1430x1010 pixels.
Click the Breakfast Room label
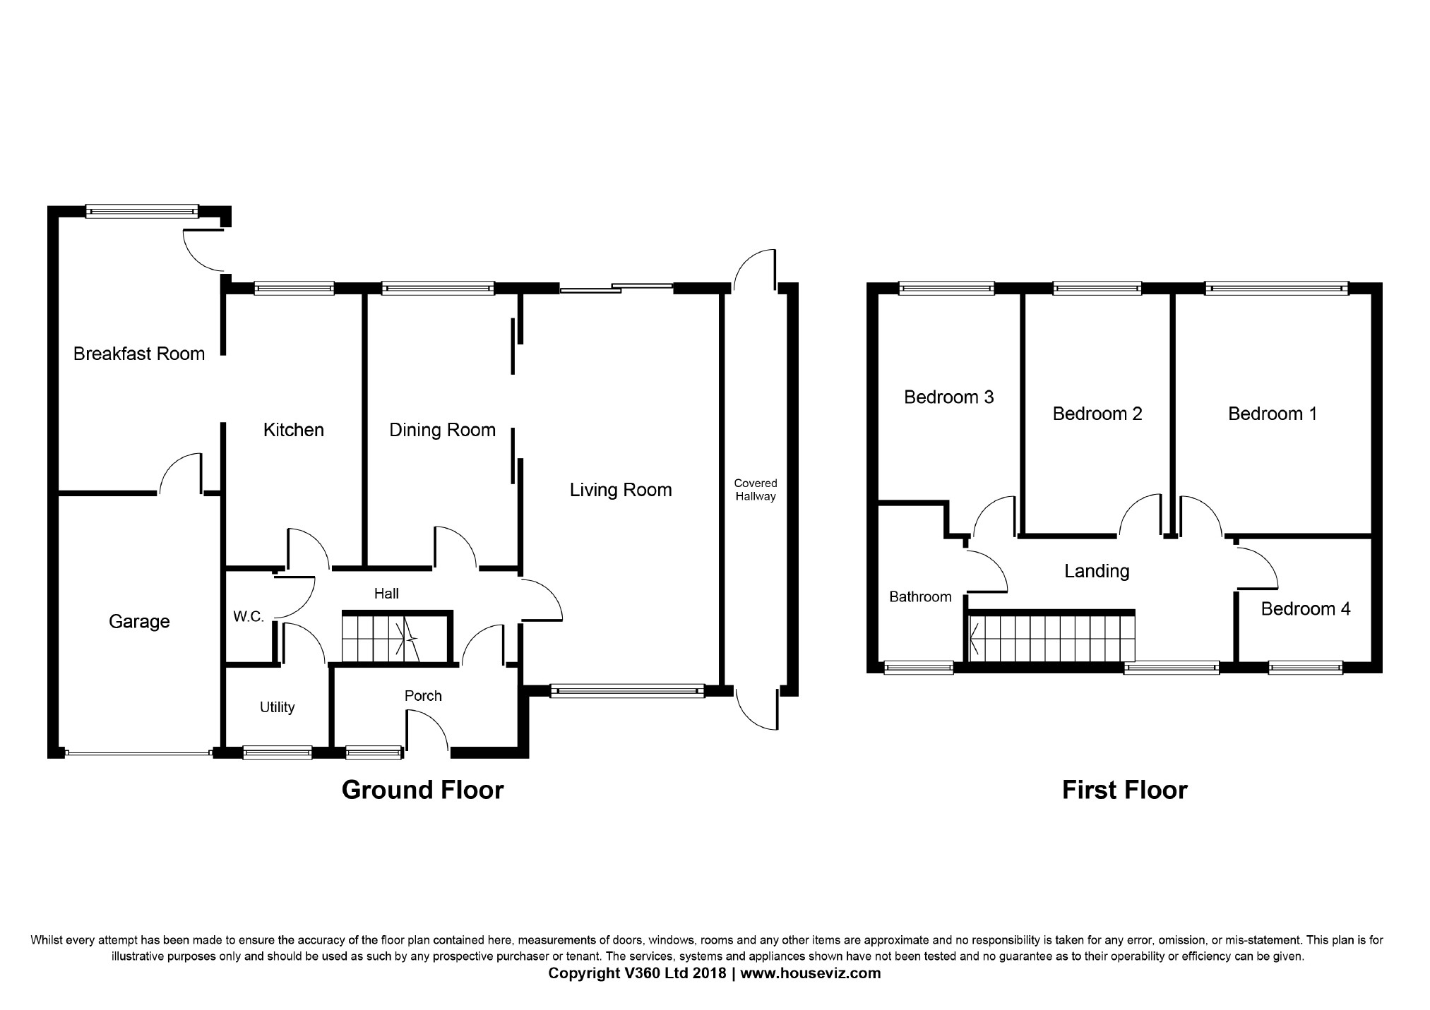click(x=139, y=354)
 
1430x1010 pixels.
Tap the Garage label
click(x=139, y=622)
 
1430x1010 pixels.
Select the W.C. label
click(x=249, y=617)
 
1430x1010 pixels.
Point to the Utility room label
click(x=277, y=707)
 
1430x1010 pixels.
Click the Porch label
click(x=423, y=696)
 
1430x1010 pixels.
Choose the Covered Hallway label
click(x=756, y=490)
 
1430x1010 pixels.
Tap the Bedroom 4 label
click(x=1306, y=609)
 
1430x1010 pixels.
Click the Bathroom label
click(x=920, y=597)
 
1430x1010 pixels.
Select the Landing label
click(x=1097, y=571)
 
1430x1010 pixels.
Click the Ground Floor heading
click(x=423, y=790)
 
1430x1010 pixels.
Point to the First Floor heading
click(x=1125, y=790)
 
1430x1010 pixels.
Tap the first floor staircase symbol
click(x=1051, y=638)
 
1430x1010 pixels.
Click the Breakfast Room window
click(x=142, y=210)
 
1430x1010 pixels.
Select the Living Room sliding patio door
click(x=616, y=287)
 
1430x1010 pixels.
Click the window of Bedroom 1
click(x=1276, y=288)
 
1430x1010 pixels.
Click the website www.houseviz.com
click(x=811, y=973)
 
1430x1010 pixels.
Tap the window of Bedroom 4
click(x=1306, y=667)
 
